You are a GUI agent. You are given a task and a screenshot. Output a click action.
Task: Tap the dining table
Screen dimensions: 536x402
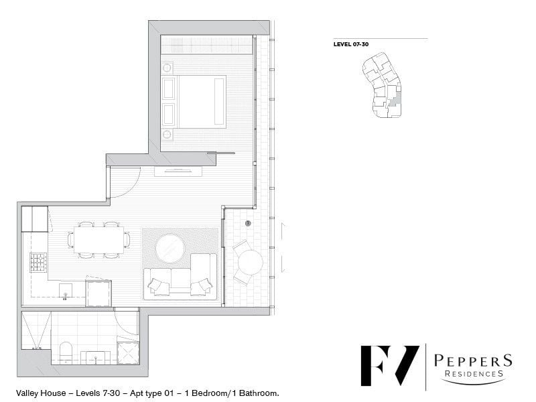[x=98, y=240]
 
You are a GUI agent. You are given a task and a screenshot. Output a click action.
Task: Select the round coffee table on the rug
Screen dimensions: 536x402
[x=170, y=248]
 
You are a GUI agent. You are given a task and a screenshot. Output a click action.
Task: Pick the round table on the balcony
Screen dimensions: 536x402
[x=251, y=263]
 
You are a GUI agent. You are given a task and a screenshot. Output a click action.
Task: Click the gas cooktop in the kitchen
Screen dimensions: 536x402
[x=38, y=262]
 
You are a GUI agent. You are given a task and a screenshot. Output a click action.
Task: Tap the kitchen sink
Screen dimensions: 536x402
[x=66, y=290]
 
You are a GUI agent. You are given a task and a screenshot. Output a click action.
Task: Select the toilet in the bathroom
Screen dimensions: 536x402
[x=66, y=352]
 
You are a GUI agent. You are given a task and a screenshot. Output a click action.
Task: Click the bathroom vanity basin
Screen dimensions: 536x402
[x=96, y=358]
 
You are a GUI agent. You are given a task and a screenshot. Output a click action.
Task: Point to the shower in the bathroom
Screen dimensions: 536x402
[x=36, y=330]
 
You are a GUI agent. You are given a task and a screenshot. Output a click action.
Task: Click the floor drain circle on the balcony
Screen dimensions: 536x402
[x=248, y=223]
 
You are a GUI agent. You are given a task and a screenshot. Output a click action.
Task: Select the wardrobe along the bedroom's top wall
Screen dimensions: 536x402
[x=207, y=44]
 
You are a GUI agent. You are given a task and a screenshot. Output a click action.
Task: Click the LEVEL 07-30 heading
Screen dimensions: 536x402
[x=351, y=44]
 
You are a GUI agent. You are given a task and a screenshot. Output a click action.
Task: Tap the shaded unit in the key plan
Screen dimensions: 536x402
[x=395, y=98]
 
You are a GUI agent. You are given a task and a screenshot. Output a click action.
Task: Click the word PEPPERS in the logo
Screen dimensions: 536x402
[x=473, y=361]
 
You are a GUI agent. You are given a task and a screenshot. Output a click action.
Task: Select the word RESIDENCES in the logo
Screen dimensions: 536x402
[x=474, y=374]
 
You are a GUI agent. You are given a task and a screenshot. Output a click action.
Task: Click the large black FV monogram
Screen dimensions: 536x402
[x=390, y=366]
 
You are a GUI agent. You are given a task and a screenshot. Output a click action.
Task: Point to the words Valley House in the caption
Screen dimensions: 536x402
[x=41, y=393]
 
